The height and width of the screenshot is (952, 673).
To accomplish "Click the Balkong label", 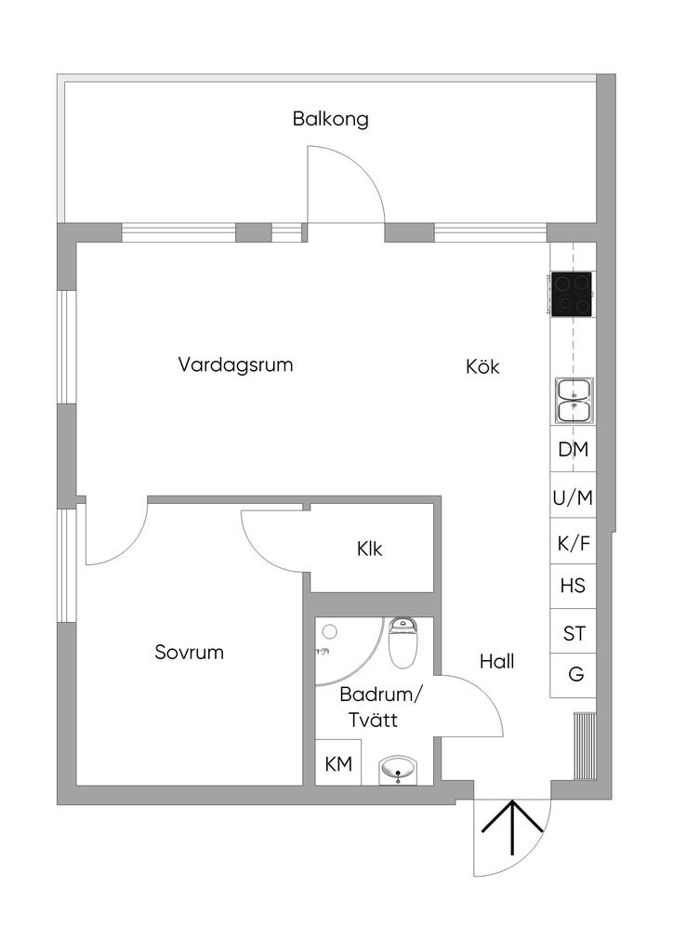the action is tap(330, 119).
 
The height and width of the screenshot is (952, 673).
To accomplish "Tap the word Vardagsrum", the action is tap(235, 364).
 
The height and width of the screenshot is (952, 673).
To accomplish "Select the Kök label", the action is tap(482, 367).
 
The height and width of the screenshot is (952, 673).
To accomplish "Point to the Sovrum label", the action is tap(189, 653).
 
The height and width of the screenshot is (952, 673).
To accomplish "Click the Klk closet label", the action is tap(369, 549).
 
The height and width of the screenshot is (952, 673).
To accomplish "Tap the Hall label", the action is tap(496, 662).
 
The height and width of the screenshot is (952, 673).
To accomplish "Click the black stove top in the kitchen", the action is tap(572, 294).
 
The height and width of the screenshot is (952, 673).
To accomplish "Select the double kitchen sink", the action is tap(574, 400).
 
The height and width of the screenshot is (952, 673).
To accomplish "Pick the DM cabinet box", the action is tap(573, 450).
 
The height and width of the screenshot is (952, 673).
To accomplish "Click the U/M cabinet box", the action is tap(573, 497).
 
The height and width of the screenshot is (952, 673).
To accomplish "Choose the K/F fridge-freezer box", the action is tap(573, 543).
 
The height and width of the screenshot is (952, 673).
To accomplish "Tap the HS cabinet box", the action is tap(573, 587).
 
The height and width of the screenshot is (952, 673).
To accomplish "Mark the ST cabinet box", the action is tap(574, 634).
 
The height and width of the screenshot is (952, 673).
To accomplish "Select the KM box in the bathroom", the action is tap(338, 764).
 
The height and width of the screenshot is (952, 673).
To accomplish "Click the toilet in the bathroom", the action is tap(404, 643).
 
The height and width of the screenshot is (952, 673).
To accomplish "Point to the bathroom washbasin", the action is tap(400, 770).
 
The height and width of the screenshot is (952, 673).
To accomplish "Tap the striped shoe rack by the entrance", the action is tap(584, 746).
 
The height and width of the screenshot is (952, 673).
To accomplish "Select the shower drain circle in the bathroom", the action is tap(328, 632).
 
